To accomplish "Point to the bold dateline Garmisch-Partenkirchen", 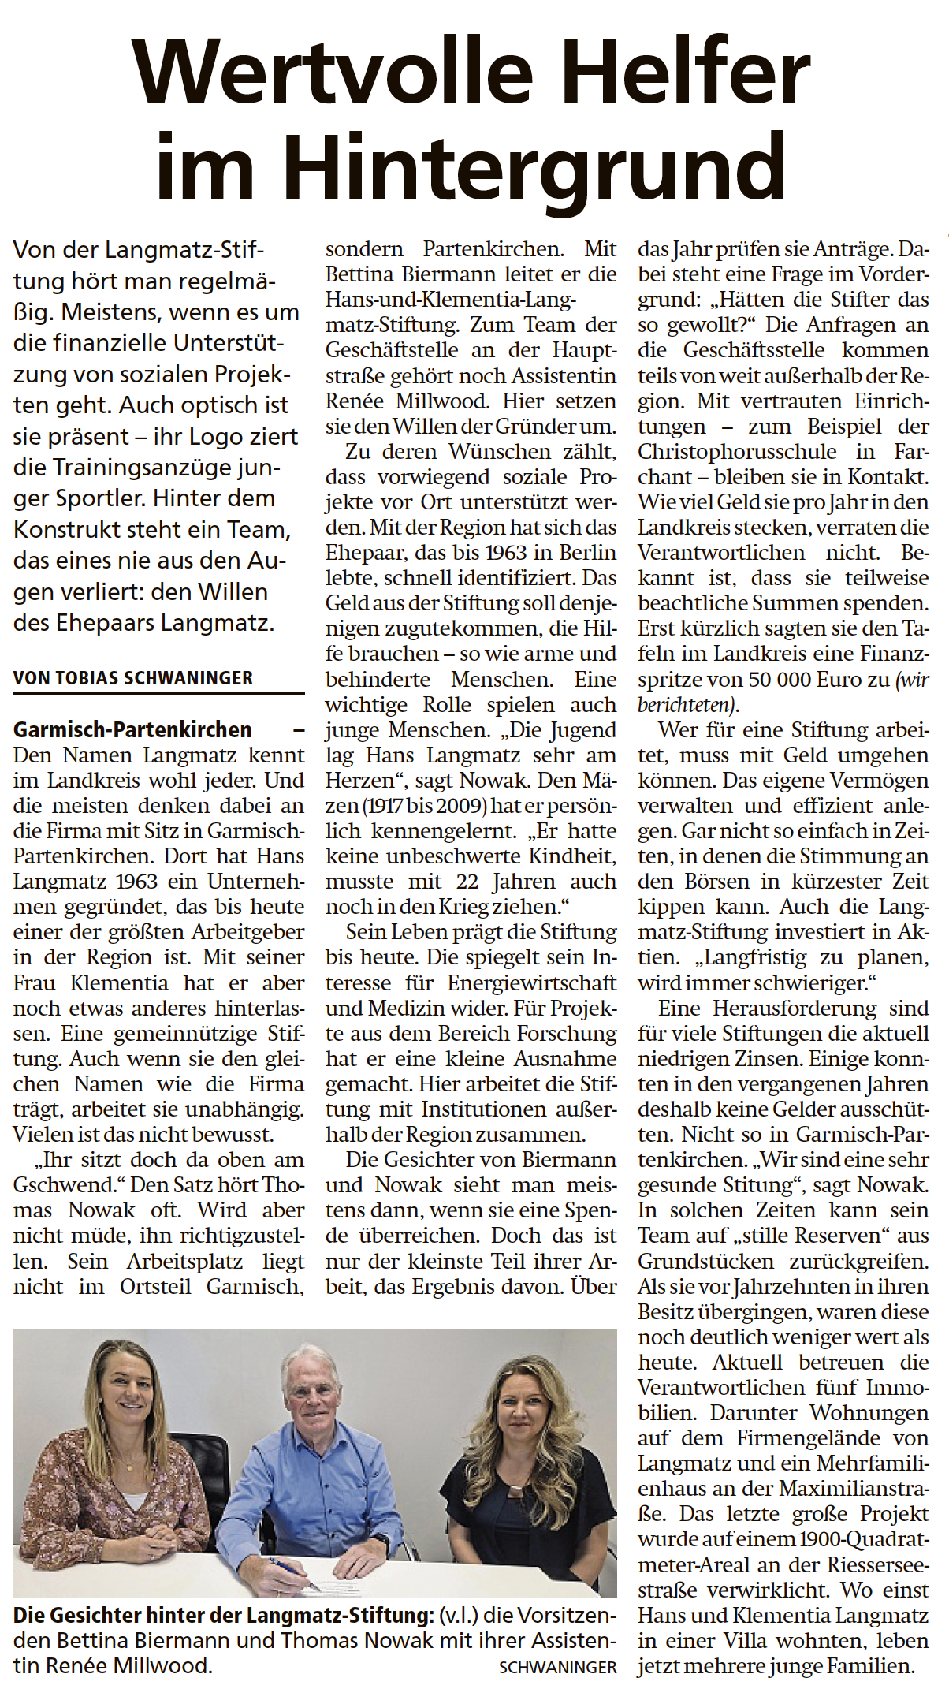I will (132, 729).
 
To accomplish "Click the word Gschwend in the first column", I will (64, 1185).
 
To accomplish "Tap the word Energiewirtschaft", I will (532, 983).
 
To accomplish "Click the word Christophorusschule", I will (737, 452).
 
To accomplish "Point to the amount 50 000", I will (750, 679).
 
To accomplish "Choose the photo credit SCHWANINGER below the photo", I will (557, 1667).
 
